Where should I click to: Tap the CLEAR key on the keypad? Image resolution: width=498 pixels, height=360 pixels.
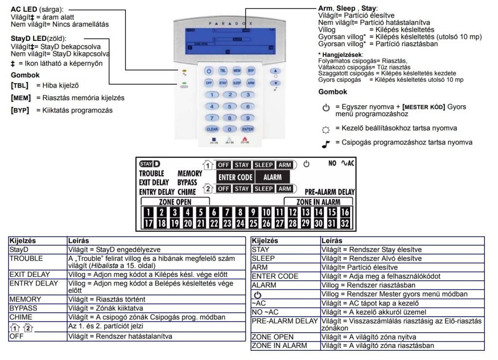click(x=212, y=129)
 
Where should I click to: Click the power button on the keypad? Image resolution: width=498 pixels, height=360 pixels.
click(x=209, y=71)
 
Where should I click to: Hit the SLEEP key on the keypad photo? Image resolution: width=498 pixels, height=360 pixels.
click(x=236, y=83)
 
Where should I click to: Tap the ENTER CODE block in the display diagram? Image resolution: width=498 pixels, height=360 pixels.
click(x=235, y=177)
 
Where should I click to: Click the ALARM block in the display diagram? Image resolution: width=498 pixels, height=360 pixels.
click(x=272, y=177)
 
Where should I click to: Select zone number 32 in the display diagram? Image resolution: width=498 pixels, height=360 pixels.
click(x=344, y=223)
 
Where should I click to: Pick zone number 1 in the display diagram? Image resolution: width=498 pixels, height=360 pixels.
click(x=148, y=212)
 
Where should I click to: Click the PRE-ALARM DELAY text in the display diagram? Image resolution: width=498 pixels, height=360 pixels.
click(x=330, y=192)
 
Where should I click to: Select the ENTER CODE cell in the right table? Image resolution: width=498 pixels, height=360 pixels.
click(x=275, y=276)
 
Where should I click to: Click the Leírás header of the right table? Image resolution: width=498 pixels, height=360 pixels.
click(x=332, y=241)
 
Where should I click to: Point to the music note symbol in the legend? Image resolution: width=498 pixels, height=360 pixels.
click(x=325, y=144)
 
